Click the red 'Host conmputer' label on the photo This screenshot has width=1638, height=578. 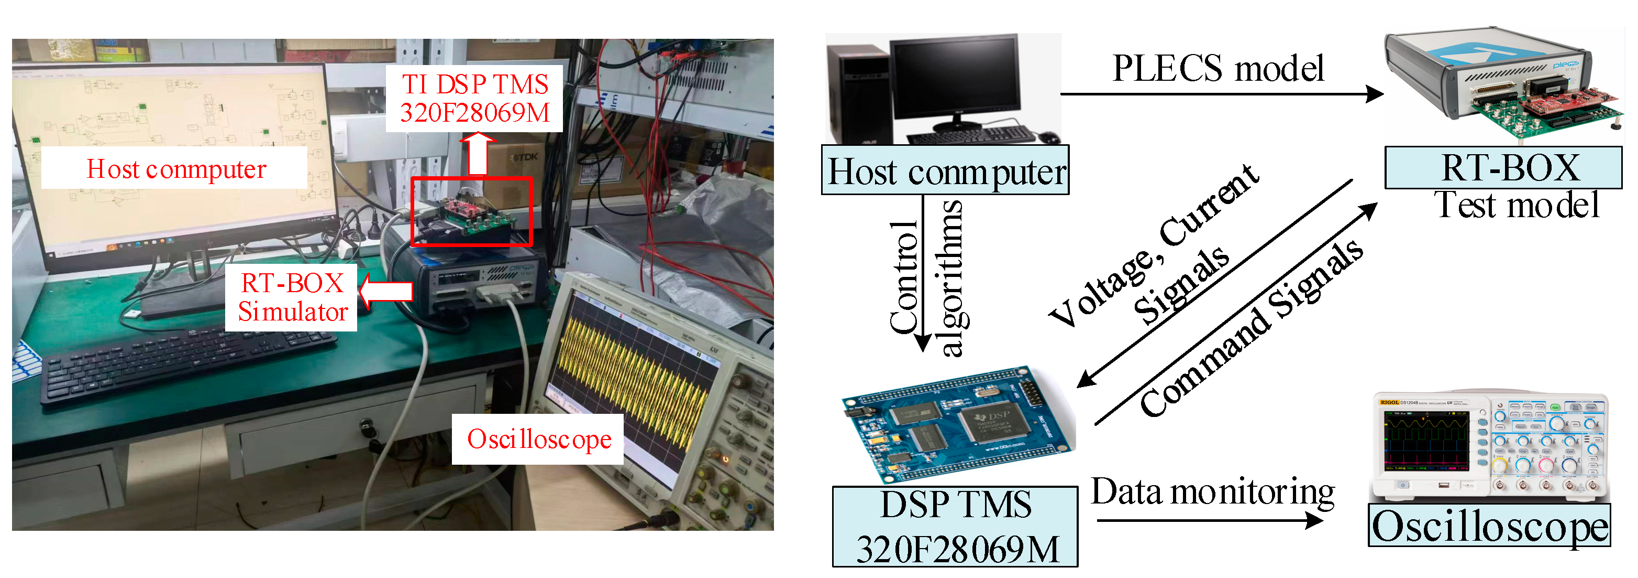pyautogui.click(x=175, y=169)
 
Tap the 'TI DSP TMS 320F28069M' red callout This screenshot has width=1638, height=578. pyautogui.click(x=474, y=99)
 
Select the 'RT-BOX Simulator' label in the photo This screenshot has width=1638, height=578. pyautogui.click(x=292, y=297)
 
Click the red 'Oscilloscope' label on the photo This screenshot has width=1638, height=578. pyautogui.click(x=538, y=438)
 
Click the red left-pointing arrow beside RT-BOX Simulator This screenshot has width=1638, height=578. pyautogui.click(x=385, y=292)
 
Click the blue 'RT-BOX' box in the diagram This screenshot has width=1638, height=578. pyautogui.click(x=1504, y=167)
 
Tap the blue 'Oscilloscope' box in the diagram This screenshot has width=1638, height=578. pyautogui.click(x=1489, y=525)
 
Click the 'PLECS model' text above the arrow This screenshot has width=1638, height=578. pyautogui.click(x=1218, y=69)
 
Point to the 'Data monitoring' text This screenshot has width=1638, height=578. pyautogui.click(x=1213, y=493)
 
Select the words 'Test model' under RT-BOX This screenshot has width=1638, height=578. pyautogui.click(x=1517, y=205)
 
